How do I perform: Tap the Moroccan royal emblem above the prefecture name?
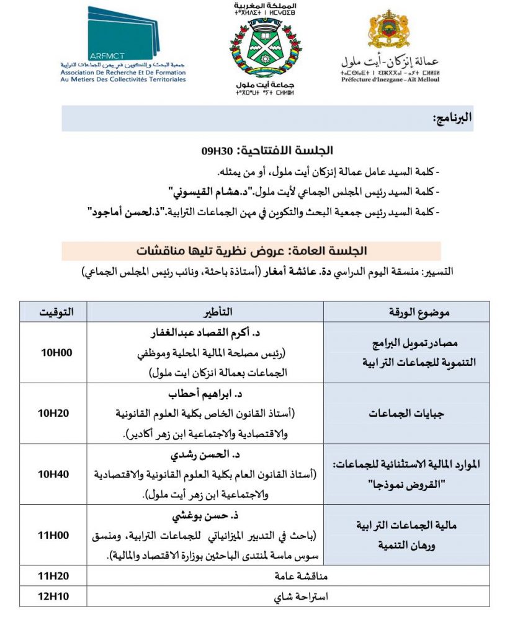pos(388,30)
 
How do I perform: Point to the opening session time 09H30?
pos(215,151)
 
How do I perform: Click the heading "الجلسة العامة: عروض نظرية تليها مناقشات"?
pos(251,251)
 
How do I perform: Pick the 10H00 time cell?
pos(56,352)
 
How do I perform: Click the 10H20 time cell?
pos(56,413)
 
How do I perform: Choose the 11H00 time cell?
pos(56,535)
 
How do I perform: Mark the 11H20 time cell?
pos(56,576)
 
